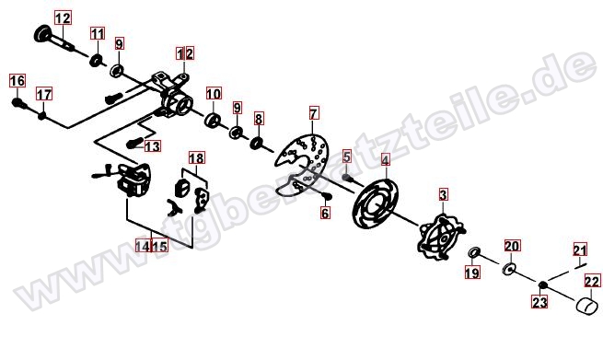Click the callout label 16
coord(17,81)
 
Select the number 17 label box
coord(44,94)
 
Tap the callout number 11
coord(98,33)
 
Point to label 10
coord(214,94)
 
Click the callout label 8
coord(259,119)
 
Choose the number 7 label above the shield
coord(314,113)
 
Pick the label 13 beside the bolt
coord(152,146)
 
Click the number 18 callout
coord(196,157)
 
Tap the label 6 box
coord(325,213)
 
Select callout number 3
coord(443,194)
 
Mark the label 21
coord(580,250)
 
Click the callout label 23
coord(539,302)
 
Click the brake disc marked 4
coord(376,203)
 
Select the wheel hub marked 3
coord(442,238)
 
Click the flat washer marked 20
coord(509,268)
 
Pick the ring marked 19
coord(474,252)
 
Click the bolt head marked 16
coord(17,103)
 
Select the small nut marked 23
coord(542,285)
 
